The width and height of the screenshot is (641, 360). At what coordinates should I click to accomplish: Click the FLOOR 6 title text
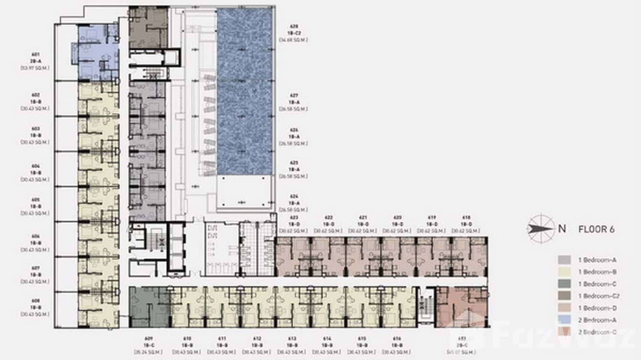pos(596,229)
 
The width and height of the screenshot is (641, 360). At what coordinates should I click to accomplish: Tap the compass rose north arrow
pos(541,228)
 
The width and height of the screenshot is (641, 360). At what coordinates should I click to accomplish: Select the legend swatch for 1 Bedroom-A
pos(564,260)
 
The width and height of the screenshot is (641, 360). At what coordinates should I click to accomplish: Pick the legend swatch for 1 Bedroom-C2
pos(564,296)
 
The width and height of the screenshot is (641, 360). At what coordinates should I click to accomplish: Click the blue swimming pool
pos(245,91)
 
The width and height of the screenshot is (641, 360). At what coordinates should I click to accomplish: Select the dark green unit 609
pos(148,307)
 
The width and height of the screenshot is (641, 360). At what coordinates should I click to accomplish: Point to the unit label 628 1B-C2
pos(293,33)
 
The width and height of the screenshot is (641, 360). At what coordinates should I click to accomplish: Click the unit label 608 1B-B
pos(35,307)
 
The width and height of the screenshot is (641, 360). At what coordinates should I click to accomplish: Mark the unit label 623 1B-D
pos(294,224)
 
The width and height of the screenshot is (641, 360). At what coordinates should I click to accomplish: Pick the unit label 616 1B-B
pos(396,344)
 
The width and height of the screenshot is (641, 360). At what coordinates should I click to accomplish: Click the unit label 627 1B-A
pos(293,102)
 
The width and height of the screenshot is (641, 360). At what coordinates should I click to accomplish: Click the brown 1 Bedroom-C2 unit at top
pos(148,28)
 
